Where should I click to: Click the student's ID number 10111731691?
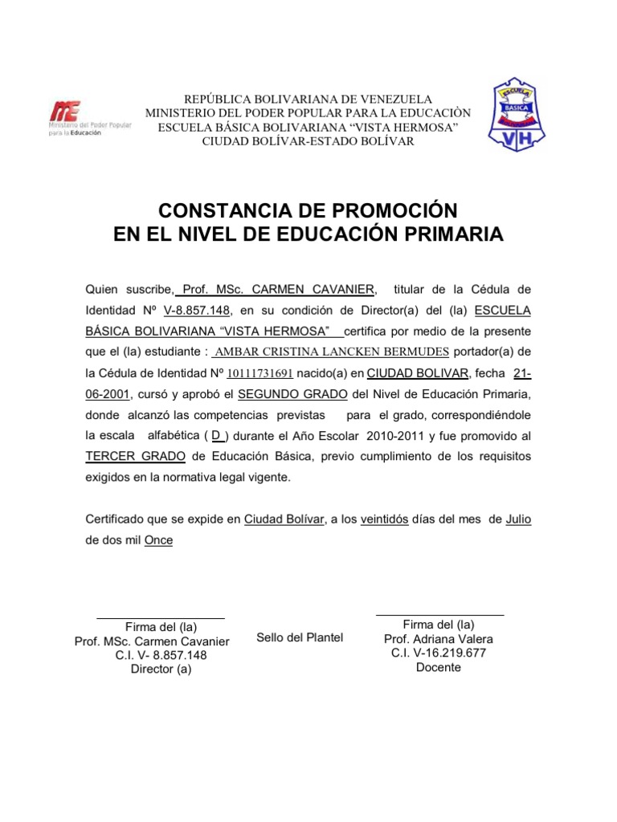pos(260,373)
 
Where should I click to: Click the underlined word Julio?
pos(518,519)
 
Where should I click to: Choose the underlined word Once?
pos(158,540)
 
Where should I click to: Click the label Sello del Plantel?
pos(300,637)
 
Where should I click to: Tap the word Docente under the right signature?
pos(438,667)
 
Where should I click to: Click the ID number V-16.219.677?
pos(439,653)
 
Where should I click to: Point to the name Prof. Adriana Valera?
pos(439,639)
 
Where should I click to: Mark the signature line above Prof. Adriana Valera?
pos(440,615)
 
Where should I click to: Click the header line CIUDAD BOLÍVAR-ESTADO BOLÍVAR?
pos(308,141)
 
